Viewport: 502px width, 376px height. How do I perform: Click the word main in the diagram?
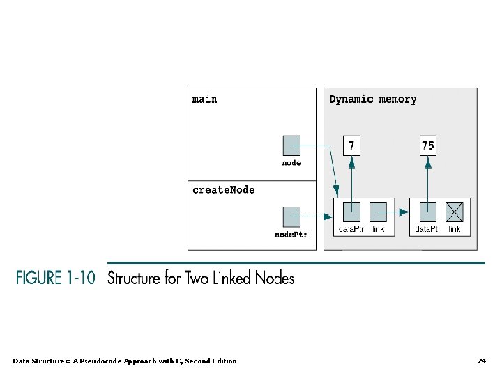click(204, 100)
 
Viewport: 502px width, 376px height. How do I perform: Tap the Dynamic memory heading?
click(372, 100)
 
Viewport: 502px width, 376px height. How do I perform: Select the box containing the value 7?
click(351, 145)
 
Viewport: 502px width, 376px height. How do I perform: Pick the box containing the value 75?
click(428, 145)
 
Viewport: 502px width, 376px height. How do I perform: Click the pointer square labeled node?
click(291, 145)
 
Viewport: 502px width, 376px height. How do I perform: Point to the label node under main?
click(291, 163)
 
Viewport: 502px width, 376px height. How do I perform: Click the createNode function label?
click(223, 190)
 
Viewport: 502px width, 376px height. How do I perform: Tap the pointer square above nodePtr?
click(291, 216)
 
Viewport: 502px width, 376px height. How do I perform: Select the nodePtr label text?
click(291, 235)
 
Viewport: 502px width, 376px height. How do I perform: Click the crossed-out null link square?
click(454, 211)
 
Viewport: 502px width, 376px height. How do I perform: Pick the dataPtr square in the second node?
click(428, 211)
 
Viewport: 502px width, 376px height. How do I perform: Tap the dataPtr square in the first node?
click(351, 211)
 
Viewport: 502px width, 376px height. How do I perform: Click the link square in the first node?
click(378, 211)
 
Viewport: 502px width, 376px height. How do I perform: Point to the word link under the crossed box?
click(454, 229)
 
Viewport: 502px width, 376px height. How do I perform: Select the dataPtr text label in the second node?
click(427, 229)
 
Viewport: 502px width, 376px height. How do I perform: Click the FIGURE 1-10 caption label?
click(56, 278)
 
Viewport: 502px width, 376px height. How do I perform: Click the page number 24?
click(481, 361)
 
